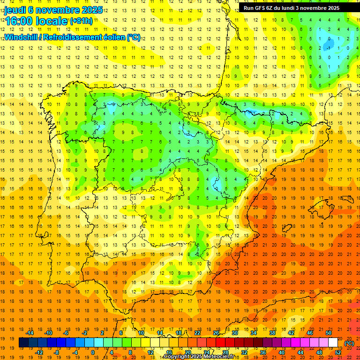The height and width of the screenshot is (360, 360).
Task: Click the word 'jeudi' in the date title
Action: (x=15, y=10)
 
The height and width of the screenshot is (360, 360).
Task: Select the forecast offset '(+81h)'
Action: (x=81, y=21)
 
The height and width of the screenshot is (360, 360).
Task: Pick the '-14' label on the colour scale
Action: (x=30, y=333)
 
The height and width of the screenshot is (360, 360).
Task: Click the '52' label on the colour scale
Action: (x=338, y=352)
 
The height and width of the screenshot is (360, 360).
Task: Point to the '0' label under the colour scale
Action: (x=93, y=352)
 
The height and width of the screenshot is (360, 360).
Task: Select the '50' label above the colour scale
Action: (x=329, y=333)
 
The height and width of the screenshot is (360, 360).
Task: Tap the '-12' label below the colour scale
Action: (x=39, y=352)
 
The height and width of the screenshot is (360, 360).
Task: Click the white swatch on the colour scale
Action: (x=333, y=343)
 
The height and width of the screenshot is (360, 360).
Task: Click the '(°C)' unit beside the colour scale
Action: (x=349, y=343)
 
